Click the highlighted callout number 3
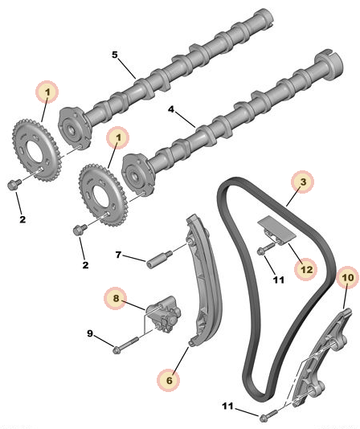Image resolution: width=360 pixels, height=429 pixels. (302, 182)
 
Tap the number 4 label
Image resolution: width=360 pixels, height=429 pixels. (171, 109)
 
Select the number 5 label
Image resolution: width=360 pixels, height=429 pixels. (115, 55)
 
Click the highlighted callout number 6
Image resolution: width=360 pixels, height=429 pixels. (169, 380)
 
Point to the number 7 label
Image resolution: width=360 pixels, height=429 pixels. (118, 255)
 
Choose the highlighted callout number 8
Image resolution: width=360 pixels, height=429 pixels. (116, 298)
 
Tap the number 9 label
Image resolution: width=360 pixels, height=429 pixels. (90, 333)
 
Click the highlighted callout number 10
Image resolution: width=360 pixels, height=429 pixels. (348, 278)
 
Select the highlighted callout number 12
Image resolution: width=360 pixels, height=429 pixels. (306, 269)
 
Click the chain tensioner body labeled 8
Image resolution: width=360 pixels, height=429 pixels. (164, 313)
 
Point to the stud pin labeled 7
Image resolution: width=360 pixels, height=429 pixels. (159, 259)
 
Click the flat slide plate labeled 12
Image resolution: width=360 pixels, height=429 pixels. (277, 229)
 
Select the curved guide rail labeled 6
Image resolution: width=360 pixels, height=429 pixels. (205, 279)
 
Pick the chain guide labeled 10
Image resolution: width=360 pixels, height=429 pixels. (321, 358)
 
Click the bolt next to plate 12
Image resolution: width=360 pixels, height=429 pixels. (265, 248)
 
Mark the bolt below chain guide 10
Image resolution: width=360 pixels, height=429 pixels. (268, 414)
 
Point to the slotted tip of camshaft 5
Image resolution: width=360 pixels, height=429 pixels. (265, 16)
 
